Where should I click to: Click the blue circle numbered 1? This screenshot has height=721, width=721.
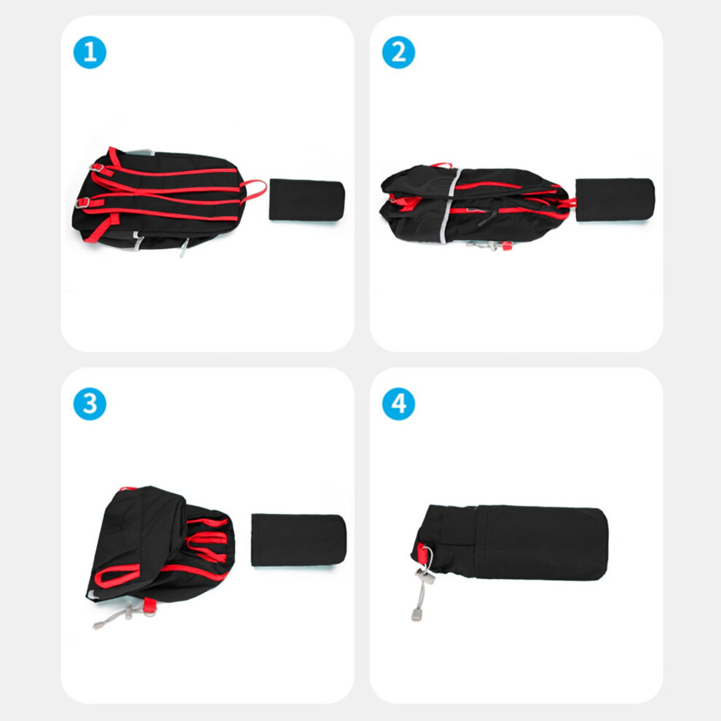pyautogui.click(x=90, y=52)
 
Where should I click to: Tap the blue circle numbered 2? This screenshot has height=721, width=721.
pyautogui.click(x=398, y=52)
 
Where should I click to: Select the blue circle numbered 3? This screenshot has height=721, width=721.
pyautogui.click(x=90, y=403)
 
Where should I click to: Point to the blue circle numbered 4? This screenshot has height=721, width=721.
pyautogui.click(x=398, y=403)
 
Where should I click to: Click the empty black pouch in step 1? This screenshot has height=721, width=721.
pyautogui.click(x=307, y=200)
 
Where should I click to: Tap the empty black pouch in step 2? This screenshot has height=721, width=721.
pyautogui.click(x=615, y=200)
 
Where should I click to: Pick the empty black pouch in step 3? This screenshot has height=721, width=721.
pyautogui.click(x=299, y=540)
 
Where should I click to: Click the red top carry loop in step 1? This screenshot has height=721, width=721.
pyautogui.click(x=254, y=191)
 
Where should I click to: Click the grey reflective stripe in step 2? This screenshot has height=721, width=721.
pyautogui.click(x=448, y=205)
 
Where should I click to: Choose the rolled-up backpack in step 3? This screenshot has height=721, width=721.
pyautogui.click(x=160, y=545)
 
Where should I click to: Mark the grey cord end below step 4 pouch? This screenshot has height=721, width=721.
pyautogui.click(x=416, y=615)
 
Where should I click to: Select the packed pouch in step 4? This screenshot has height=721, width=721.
pyautogui.click(x=509, y=543)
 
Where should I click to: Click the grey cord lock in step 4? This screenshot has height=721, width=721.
pyautogui.click(x=425, y=576)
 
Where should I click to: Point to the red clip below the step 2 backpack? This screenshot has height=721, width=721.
pyautogui.click(x=507, y=246)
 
